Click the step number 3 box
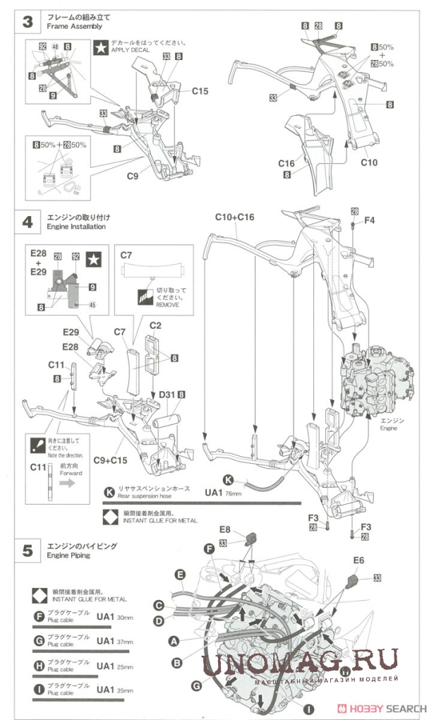point(28,22)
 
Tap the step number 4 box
point(28,221)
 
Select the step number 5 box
point(28,551)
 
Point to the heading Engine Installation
point(76,227)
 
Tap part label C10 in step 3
point(369,162)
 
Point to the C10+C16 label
point(236,217)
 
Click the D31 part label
point(167,395)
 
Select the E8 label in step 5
point(224,529)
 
